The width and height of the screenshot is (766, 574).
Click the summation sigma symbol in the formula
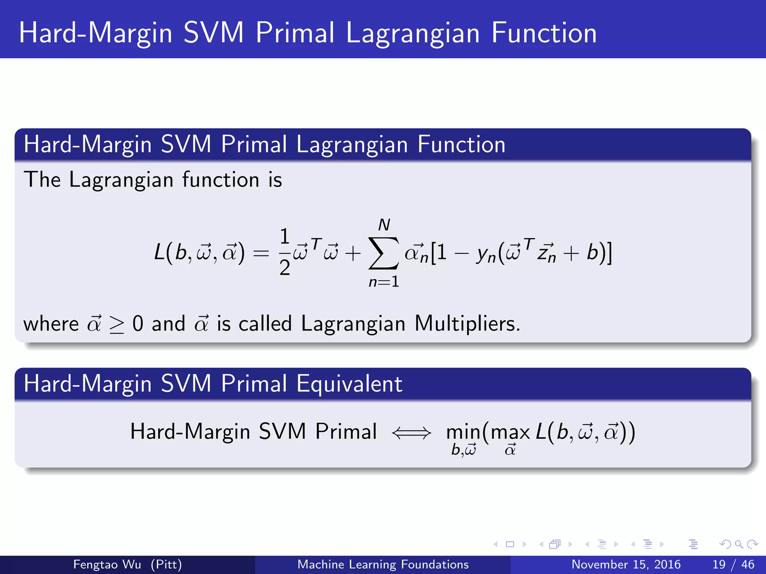(x=383, y=253)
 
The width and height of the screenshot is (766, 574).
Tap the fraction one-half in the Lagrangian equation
(x=285, y=252)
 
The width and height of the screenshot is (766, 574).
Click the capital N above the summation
(x=384, y=225)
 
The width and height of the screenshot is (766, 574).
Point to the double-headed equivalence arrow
(x=411, y=433)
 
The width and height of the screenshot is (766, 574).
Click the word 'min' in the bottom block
(x=463, y=432)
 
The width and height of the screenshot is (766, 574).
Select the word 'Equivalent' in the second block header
(x=349, y=384)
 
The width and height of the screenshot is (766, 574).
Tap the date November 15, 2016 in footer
(x=626, y=564)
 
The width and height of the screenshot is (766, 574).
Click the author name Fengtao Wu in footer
(x=107, y=564)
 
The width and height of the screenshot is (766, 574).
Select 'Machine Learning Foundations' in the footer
(x=383, y=564)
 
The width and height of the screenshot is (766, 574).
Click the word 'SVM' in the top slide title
(x=214, y=33)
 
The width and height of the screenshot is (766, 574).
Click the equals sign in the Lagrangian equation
(x=261, y=254)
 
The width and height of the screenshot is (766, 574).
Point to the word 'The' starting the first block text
(x=42, y=179)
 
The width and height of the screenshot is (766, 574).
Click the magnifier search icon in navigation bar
(x=739, y=544)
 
